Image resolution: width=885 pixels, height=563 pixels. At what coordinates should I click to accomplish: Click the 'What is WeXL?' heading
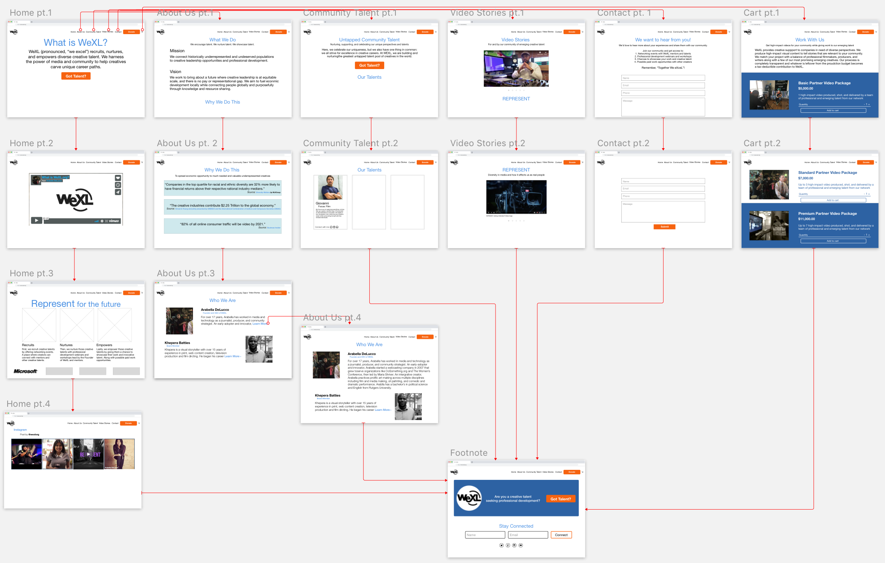click(76, 43)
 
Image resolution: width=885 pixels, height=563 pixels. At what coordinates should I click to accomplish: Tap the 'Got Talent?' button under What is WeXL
click(76, 76)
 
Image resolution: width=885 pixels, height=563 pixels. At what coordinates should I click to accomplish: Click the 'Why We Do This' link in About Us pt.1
click(222, 102)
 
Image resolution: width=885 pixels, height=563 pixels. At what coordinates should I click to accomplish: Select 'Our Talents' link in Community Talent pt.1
click(369, 77)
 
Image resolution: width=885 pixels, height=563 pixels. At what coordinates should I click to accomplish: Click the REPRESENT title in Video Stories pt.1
click(516, 99)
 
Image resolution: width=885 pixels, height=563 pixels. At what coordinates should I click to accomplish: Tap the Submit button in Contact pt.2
click(664, 227)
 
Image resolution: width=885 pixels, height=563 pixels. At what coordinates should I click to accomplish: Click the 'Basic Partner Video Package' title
click(824, 83)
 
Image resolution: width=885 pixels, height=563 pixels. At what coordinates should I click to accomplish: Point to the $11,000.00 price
click(806, 219)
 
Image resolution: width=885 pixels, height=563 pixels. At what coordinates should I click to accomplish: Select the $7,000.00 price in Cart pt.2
click(805, 178)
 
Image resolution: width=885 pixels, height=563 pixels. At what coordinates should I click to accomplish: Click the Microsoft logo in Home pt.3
click(26, 371)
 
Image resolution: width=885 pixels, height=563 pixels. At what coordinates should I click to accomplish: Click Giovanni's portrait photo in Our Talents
click(330, 188)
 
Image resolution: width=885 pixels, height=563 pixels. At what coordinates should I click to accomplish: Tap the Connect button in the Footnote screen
click(561, 535)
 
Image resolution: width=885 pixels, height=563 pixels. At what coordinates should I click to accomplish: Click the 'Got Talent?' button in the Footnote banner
click(561, 499)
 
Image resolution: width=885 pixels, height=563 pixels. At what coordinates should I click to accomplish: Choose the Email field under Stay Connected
click(528, 535)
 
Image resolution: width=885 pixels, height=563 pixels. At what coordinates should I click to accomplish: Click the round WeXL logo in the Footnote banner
click(469, 498)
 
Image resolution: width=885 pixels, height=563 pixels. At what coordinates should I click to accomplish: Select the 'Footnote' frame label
click(469, 453)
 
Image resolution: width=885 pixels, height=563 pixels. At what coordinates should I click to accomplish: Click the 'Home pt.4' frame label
click(28, 404)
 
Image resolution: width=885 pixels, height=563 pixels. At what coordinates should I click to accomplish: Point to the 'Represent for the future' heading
click(76, 304)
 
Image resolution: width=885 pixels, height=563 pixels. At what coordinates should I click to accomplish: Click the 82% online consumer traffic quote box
click(222, 226)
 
